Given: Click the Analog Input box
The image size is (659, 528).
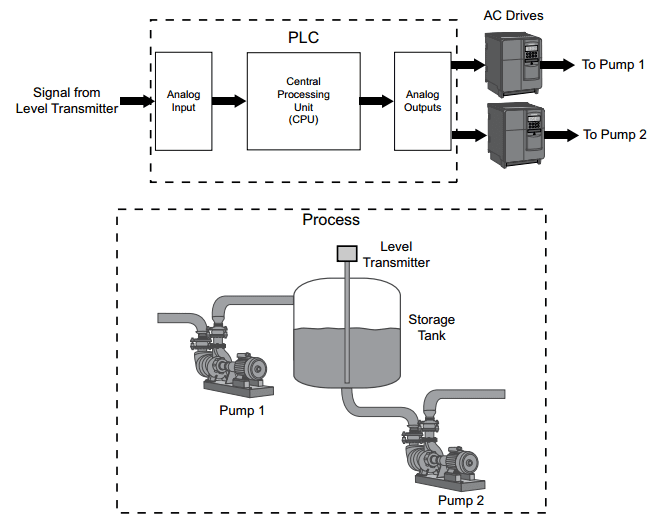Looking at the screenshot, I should (x=182, y=101).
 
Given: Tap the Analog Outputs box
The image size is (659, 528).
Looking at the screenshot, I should (x=422, y=101).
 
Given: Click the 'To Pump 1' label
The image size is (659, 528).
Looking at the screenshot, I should (x=614, y=65).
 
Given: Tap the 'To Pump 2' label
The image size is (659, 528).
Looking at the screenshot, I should (x=614, y=134).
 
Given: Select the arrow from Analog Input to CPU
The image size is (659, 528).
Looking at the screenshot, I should (x=229, y=101).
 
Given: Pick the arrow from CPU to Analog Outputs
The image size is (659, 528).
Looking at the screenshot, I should (x=376, y=101).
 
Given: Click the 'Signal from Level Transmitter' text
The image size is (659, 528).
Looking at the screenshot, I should (x=66, y=101).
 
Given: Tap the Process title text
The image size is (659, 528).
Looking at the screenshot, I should (x=330, y=220).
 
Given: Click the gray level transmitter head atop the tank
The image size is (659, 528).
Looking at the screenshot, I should (x=347, y=253).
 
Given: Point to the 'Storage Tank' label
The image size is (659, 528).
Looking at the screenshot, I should (x=431, y=328).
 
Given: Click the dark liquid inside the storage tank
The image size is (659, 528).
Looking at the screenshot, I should (x=320, y=355).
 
